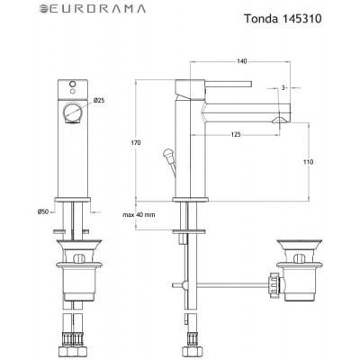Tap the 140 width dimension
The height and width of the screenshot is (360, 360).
click(x=242, y=60)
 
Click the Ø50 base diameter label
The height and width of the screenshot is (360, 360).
click(x=42, y=211)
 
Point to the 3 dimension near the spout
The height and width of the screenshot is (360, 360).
click(x=283, y=87)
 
